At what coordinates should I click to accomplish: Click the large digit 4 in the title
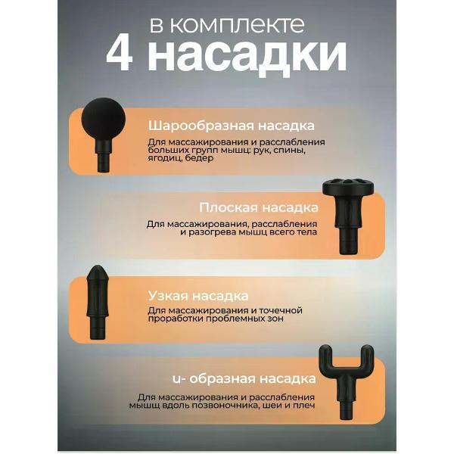(120, 54)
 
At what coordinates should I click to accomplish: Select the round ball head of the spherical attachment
(104, 120)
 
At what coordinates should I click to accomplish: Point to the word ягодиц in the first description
(163, 158)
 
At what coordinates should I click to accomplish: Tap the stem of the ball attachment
(103, 156)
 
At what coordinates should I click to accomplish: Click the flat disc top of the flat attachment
(348, 187)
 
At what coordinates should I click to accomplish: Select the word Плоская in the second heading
(229, 207)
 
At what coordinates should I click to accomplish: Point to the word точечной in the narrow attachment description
(280, 311)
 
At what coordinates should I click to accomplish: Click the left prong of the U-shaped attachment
(325, 356)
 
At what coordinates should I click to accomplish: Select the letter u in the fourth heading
(176, 380)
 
